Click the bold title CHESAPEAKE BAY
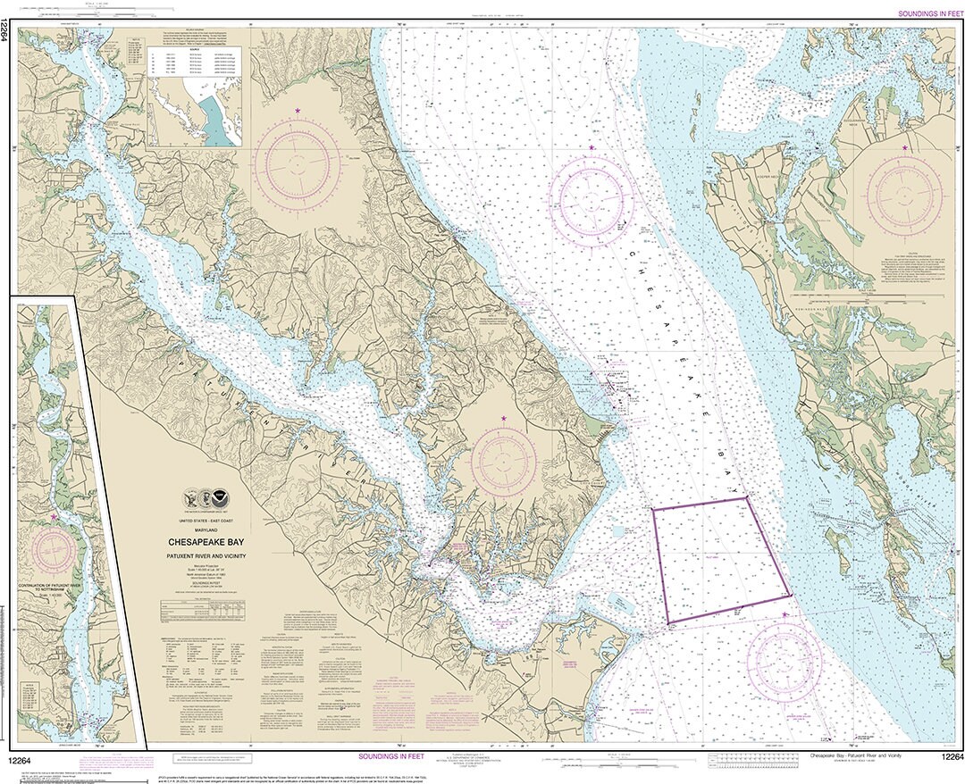click(206, 541)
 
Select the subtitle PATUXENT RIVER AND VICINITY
click(206, 555)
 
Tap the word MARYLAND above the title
click(206, 530)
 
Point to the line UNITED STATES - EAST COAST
click(206, 521)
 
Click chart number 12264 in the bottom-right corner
click(951, 758)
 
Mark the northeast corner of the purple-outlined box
click(746, 498)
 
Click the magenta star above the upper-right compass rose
click(905, 147)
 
